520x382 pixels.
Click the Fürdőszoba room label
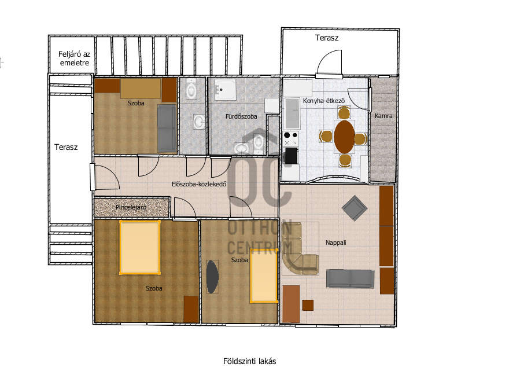[x=241, y=116]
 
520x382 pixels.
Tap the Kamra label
[x=383, y=116]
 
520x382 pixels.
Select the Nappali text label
[x=335, y=243]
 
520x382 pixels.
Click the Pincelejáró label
[x=131, y=207]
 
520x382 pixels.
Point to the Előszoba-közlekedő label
[x=199, y=184]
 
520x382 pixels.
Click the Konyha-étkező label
[x=324, y=101]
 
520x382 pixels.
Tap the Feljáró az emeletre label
[x=74, y=58]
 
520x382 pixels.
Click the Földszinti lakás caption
[x=249, y=361]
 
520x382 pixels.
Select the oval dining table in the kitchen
[x=344, y=137]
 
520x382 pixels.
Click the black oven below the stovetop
[x=291, y=155]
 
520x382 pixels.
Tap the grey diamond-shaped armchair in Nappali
[x=355, y=208]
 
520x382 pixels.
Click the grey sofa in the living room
[x=350, y=278]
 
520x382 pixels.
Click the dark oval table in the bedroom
[x=212, y=277]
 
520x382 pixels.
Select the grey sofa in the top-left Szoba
[x=167, y=128]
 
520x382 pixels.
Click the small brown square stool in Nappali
[x=308, y=306]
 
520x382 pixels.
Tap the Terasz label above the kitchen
[x=327, y=38]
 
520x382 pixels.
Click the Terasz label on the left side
[x=66, y=147]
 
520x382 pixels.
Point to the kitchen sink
[x=292, y=113]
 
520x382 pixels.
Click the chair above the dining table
[x=344, y=113]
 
